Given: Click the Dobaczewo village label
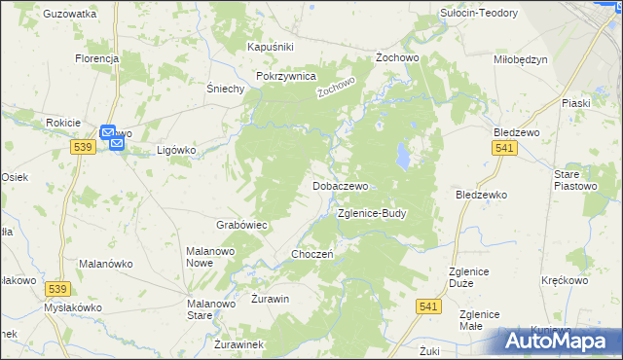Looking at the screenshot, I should coord(340,185).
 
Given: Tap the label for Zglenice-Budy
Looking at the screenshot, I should coord(371,212).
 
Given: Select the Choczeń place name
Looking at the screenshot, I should coord(312,254).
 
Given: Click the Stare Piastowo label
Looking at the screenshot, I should coord(574,179).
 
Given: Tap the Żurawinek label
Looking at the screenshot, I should coord(238,344).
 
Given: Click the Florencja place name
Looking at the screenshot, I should coord(96,58).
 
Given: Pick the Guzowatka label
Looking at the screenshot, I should coord(70,15).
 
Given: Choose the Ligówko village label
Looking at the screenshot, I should coord(177,151).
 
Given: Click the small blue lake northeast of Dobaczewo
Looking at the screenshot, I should coord(401,154).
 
